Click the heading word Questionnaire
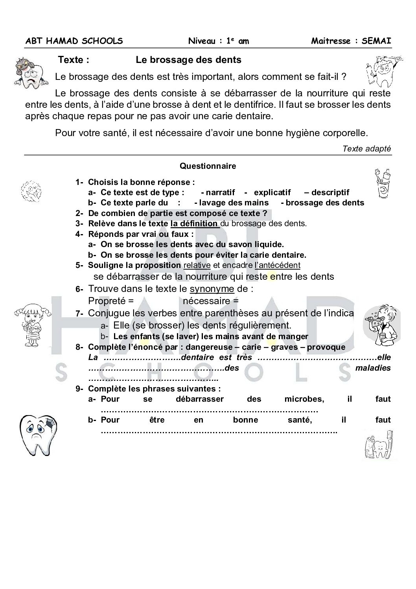point(208,166)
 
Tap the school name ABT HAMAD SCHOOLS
point(74,41)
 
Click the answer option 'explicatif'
point(272,192)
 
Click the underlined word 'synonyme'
point(212,289)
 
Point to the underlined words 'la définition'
point(194,223)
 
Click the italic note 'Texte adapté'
point(366,148)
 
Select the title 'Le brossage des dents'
point(188,60)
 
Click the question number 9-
point(79,389)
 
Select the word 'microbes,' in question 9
point(304,399)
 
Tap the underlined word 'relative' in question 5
point(197,265)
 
